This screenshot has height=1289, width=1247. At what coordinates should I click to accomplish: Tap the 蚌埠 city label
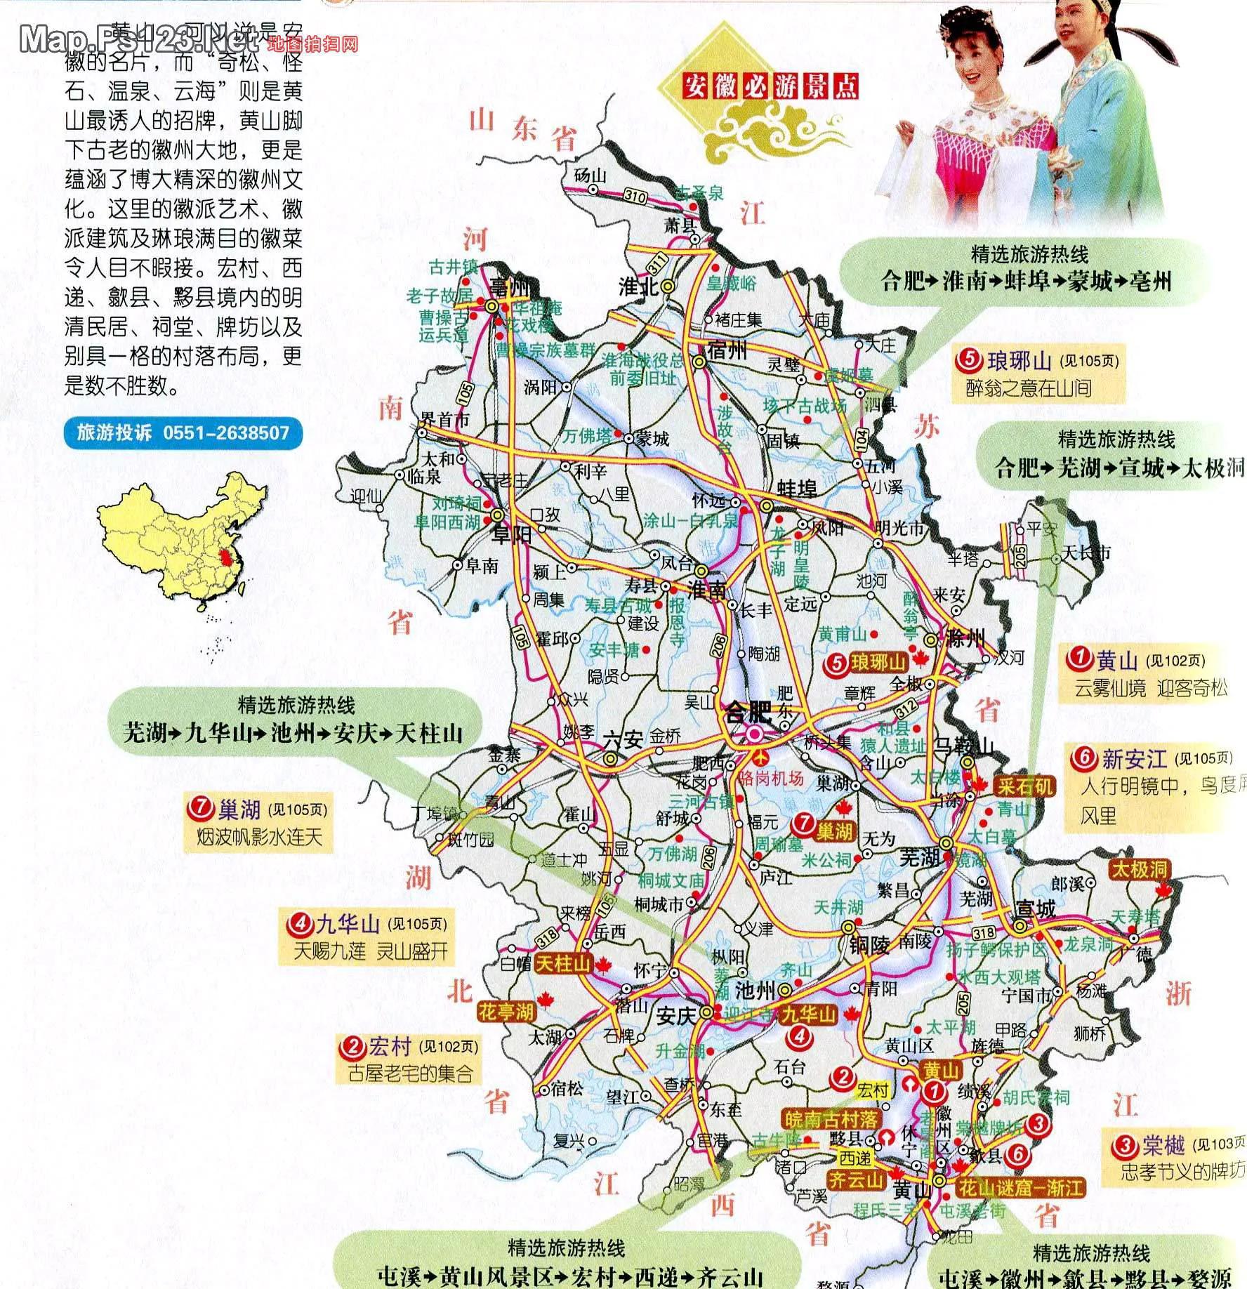(x=796, y=488)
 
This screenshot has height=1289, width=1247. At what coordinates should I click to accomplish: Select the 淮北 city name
(x=638, y=286)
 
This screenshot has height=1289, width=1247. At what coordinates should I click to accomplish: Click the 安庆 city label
(x=675, y=1015)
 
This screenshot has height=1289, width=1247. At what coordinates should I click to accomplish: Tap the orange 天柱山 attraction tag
(x=563, y=964)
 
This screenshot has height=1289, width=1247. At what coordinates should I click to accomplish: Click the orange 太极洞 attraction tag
(x=1139, y=869)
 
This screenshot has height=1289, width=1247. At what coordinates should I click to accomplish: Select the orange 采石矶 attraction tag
(x=1025, y=786)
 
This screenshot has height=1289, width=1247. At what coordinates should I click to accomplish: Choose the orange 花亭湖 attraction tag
(x=506, y=1011)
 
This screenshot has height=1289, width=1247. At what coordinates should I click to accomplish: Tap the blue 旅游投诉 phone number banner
(x=183, y=432)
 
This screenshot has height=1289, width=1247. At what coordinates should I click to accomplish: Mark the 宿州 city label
(x=728, y=350)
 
